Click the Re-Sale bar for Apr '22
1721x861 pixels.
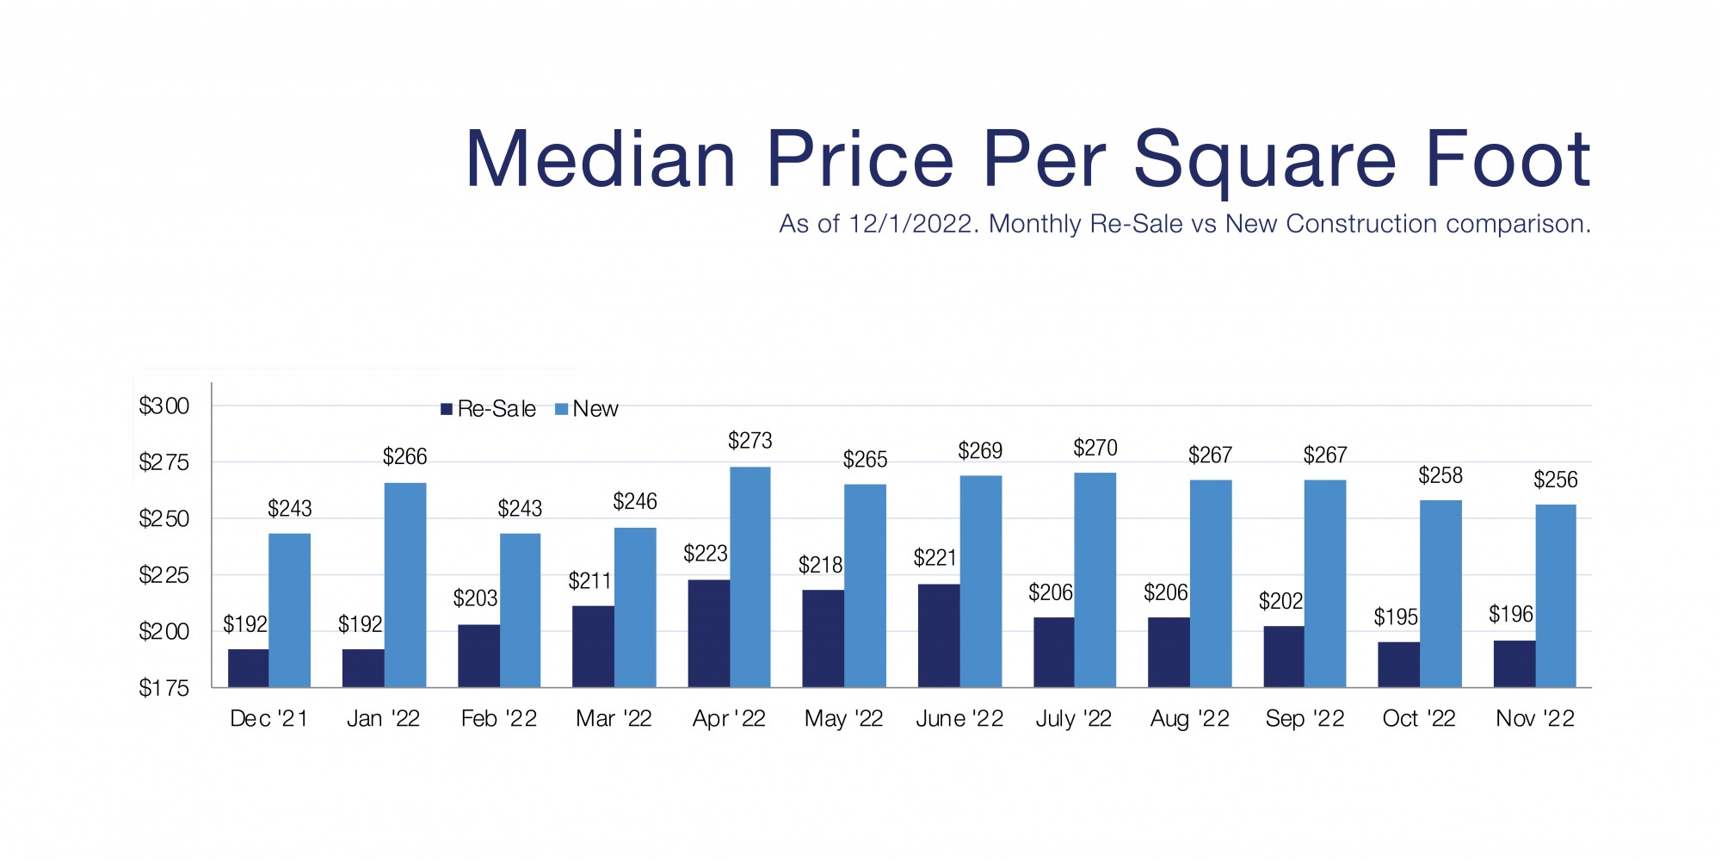coord(708,634)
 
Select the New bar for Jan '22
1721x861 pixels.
coord(405,585)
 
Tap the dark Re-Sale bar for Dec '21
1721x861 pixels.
coord(248,668)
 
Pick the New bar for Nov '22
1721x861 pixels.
coord(1556,596)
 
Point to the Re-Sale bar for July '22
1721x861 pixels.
coord(1053,652)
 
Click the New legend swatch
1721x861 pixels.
coord(562,409)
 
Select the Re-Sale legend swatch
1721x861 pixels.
coord(447,409)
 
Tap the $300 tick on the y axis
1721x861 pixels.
coord(164,406)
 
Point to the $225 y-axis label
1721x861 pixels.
coord(164,575)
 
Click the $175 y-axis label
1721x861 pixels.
coord(164,688)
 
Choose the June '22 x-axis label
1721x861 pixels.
coord(959,719)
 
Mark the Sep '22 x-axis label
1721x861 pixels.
coord(1305,719)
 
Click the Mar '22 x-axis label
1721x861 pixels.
coord(614,719)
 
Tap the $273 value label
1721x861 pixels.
coord(749,441)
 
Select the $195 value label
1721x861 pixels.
coord(1396,617)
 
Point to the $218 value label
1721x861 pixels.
coord(820,566)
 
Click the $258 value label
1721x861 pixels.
coord(1440,475)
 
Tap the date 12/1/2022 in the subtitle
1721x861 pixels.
coord(913,224)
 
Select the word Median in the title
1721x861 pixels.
coord(601,160)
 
